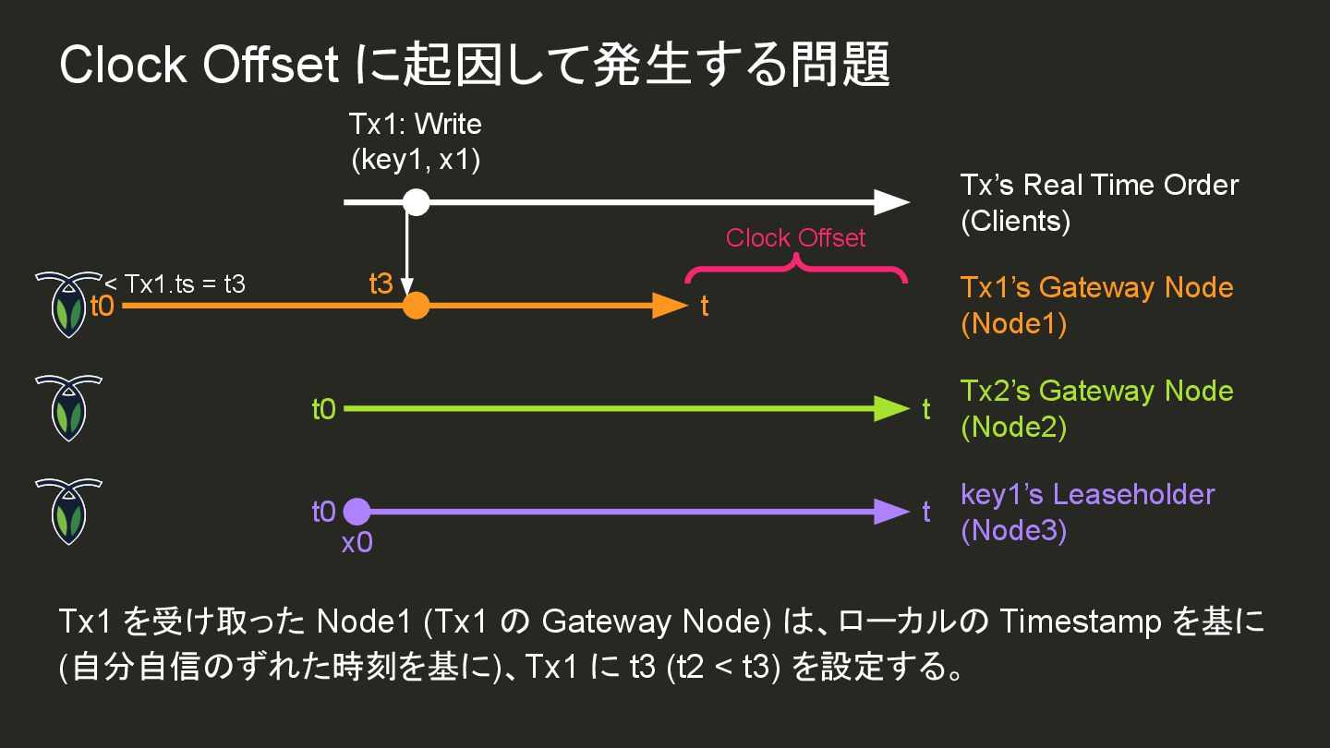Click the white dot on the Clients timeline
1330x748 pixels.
tap(417, 201)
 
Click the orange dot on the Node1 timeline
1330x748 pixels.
tap(417, 305)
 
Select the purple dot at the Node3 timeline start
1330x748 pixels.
tap(357, 512)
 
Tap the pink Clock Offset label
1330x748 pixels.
tap(795, 238)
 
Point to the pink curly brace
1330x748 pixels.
tap(795, 271)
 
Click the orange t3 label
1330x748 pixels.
tap(381, 284)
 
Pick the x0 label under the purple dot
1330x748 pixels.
tap(357, 543)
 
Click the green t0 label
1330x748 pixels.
tap(323, 409)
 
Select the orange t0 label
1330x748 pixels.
tap(102, 306)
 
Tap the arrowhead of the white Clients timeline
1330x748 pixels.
tap(891, 201)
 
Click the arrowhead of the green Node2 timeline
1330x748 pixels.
tap(891, 408)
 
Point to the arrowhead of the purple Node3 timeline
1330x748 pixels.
tap(891, 512)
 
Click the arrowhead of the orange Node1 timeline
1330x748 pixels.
tap(671, 305)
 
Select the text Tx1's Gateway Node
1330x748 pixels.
tap(1096, 288)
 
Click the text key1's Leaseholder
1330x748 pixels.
tap(1087, 495)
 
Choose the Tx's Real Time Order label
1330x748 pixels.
tap(1099, 185)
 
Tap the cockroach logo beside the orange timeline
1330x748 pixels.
tap(67, 304)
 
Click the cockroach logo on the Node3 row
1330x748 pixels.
tap(67, 511)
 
